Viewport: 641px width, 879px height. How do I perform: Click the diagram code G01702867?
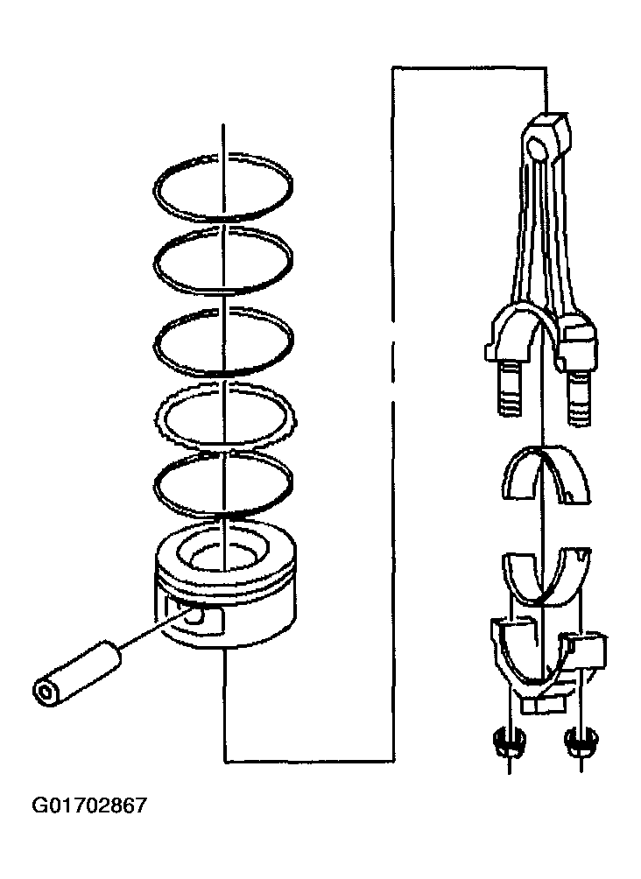point(89,805)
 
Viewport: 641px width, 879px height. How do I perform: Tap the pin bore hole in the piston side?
point(195,615)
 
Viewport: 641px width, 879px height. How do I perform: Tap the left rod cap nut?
point(508,742)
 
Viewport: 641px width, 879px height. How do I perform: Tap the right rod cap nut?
point(581,742)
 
